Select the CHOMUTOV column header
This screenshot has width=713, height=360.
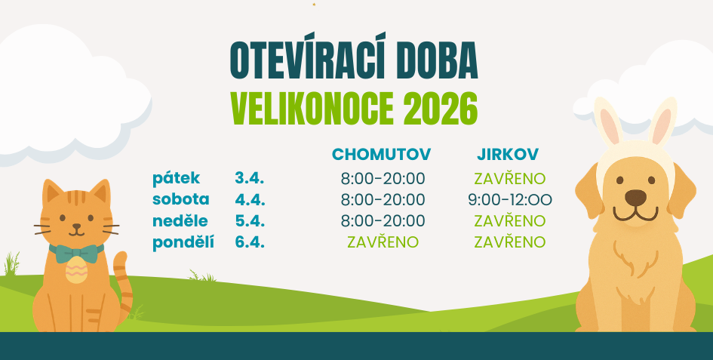click(x=381, y=154)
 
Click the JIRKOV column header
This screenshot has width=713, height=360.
click(x=508, y=154)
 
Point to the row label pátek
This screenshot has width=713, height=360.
click(x=176, y=179)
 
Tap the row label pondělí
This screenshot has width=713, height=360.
click(x=183, y=242)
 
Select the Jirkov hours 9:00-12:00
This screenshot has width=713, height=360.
click(x=510, y=200)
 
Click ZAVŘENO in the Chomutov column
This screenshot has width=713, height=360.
click(x=383, y=242)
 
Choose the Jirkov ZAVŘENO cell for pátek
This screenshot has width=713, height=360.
click(x=510, y=179)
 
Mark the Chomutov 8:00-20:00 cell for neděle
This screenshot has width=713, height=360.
click(x=383, y=221)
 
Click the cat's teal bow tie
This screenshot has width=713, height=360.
click(x=76, y=252)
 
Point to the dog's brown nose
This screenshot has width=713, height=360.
click(x=635, y=198)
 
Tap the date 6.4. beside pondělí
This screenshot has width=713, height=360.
click(x=249, y=242)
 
